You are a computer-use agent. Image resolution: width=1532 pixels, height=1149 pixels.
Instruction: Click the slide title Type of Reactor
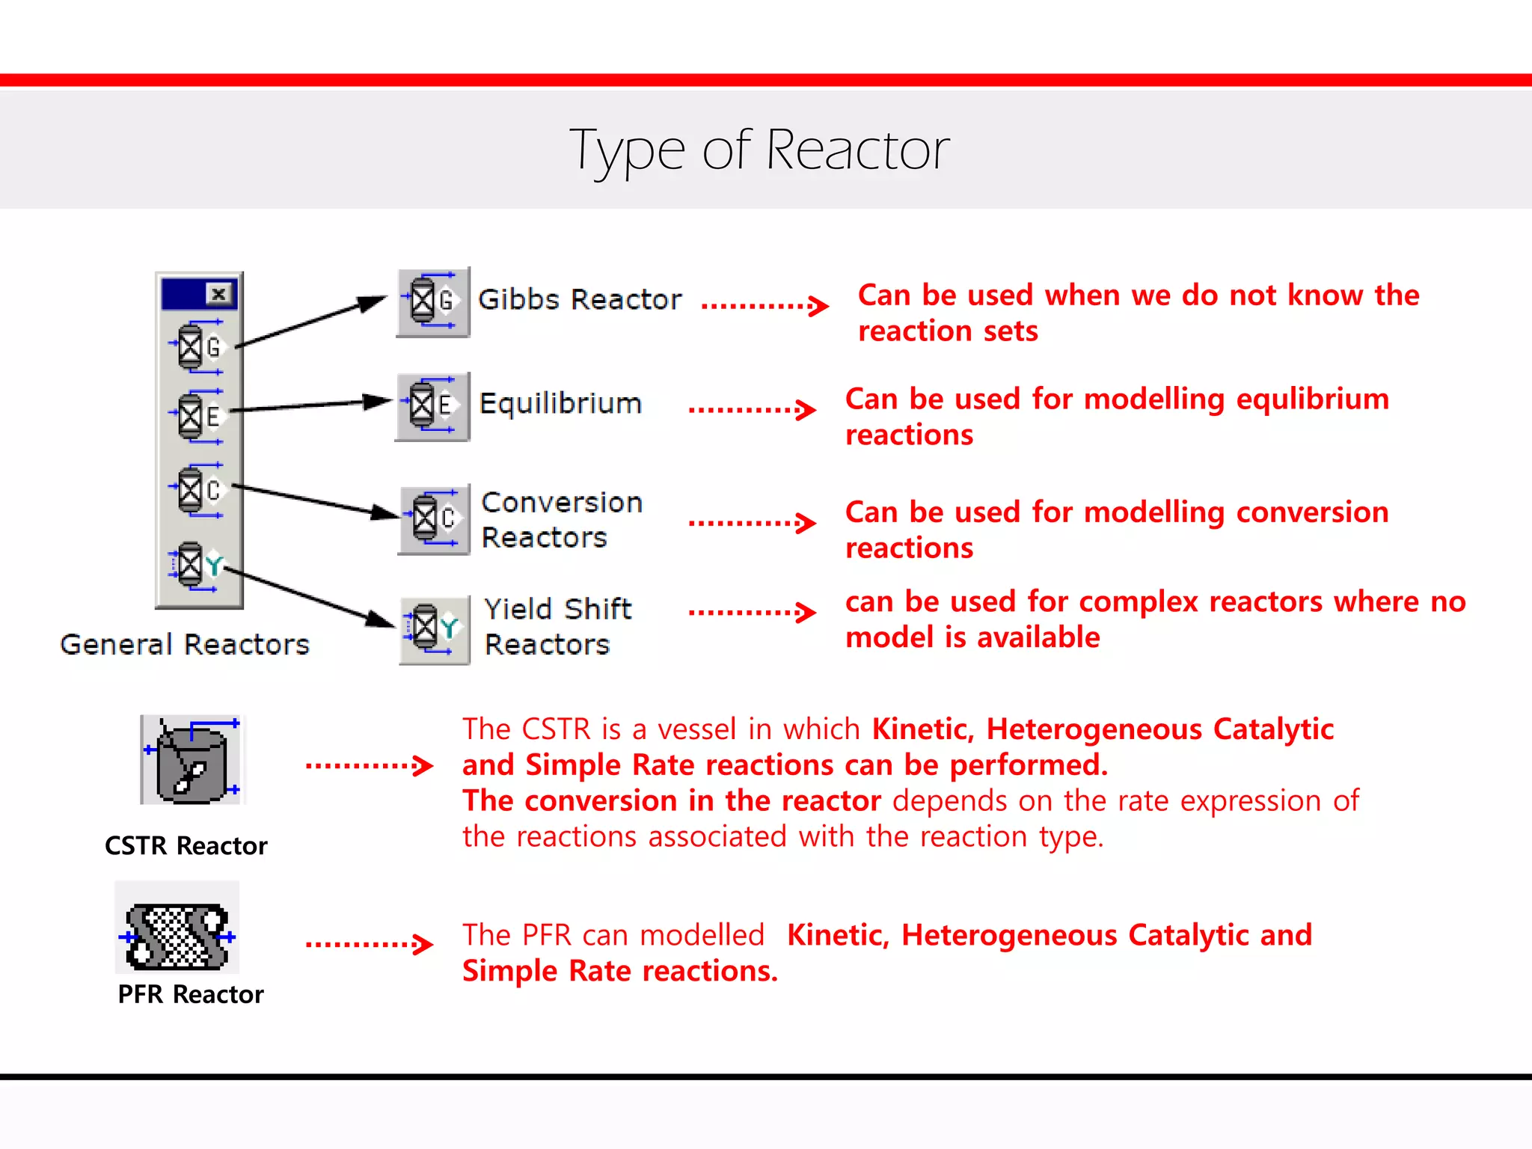tap(759, 150)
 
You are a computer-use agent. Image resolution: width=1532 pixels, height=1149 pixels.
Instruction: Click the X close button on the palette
tap(219, 294)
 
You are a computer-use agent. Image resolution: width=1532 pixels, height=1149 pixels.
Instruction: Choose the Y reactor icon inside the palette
tap(196, 566)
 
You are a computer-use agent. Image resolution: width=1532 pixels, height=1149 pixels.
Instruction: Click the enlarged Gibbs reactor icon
tap(433, 302)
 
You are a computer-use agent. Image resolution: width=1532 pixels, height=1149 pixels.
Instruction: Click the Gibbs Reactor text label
tap(580, 300)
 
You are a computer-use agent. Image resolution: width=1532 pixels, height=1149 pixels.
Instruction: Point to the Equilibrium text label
tap(560, 404)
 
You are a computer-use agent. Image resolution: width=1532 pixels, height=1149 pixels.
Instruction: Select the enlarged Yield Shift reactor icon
tap(434, 629)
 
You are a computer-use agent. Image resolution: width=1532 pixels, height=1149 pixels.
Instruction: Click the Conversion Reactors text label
tap(561, 520)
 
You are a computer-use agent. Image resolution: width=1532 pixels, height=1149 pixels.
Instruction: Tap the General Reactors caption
tap(185, 645)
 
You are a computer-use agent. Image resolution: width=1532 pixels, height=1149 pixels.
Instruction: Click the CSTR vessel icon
tap(193, 760)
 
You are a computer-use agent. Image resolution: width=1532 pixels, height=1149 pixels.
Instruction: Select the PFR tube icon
tap(177, 936)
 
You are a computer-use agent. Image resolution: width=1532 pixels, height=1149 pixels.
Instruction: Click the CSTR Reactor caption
tap(186, 846)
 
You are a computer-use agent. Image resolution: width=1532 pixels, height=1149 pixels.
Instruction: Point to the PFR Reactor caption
tap(191, 995)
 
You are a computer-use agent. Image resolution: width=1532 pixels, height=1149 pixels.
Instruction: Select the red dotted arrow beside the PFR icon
tap(369, 944)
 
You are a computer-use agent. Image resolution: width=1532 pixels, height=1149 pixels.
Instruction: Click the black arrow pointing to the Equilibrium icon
tap(310, 406)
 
